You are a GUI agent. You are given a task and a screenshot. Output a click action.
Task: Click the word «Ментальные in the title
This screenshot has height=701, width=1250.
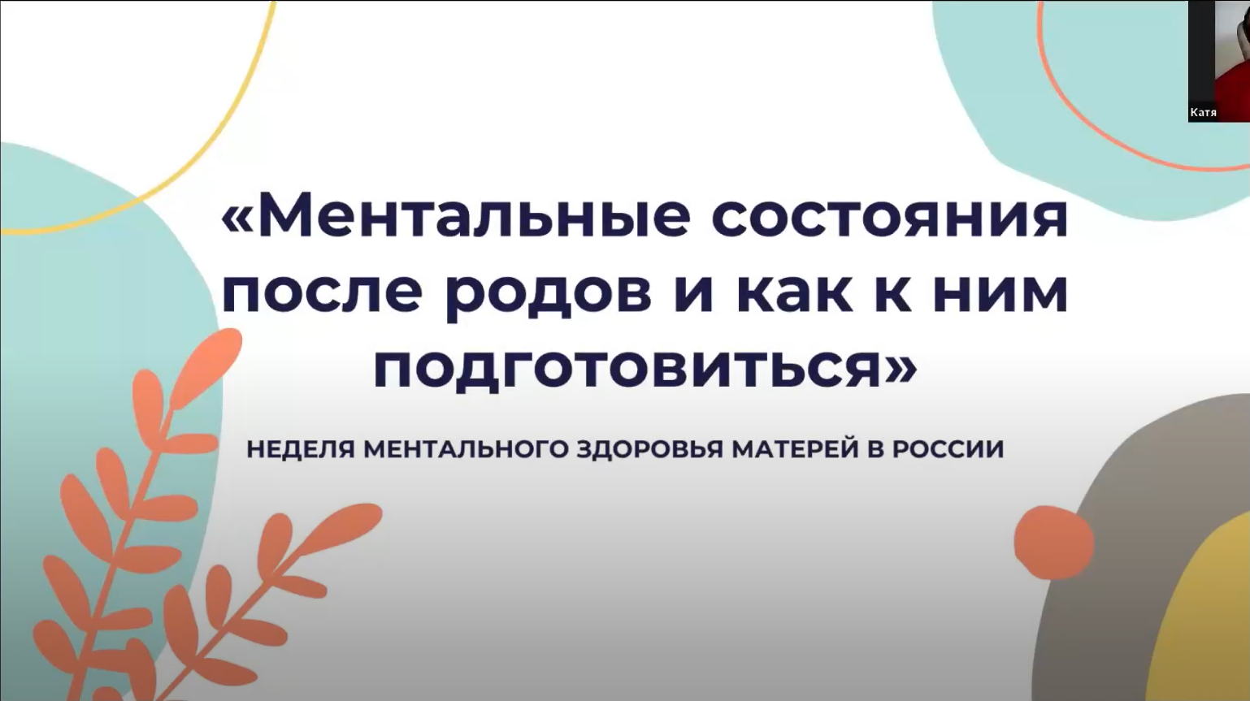tap(456, 216)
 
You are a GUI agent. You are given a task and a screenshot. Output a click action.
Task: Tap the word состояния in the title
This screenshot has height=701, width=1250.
tap(890, 216)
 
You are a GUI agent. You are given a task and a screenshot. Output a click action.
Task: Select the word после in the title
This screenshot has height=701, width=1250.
tap(322, 292)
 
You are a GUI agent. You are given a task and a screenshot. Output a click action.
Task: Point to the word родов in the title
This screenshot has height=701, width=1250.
tap(549, 292)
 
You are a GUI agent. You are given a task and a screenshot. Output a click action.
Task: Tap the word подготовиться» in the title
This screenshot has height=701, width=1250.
tap(645, 367)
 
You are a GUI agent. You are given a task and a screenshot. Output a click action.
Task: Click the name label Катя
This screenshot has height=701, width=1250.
tap(1203, 113)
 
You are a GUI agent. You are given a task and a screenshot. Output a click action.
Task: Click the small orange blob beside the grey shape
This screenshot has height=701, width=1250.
tap(1053, 542)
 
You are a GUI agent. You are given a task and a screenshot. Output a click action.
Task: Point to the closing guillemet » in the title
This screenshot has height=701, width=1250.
tap(901, 367)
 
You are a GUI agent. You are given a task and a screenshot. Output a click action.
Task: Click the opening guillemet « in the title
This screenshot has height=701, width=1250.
tap(237, 216)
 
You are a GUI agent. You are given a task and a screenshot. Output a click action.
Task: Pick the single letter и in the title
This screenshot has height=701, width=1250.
tap(693, 292)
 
